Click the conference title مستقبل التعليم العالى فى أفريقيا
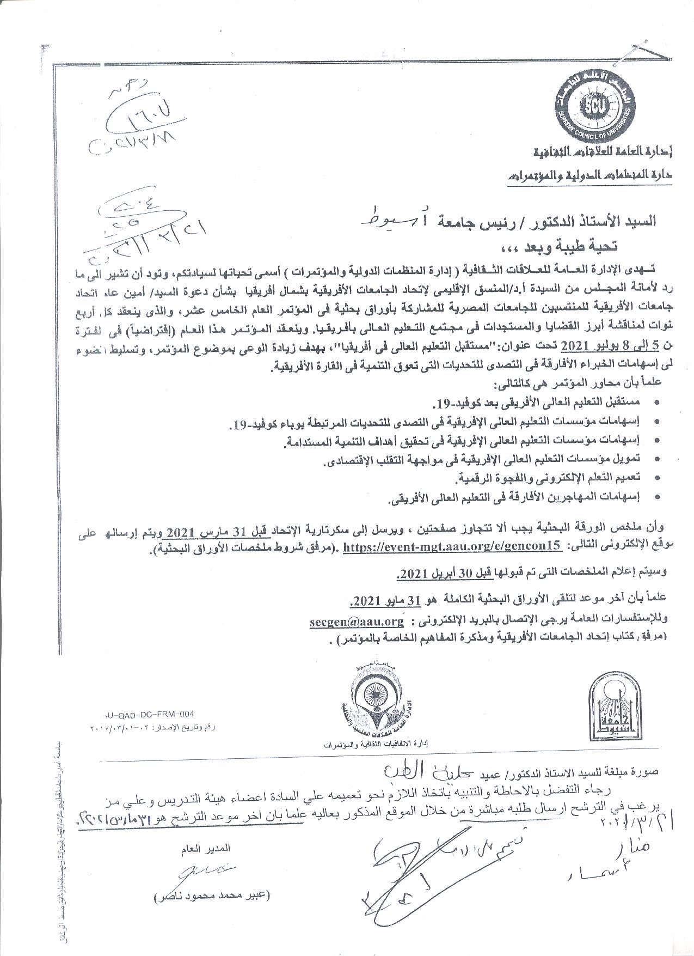[365, 345]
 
